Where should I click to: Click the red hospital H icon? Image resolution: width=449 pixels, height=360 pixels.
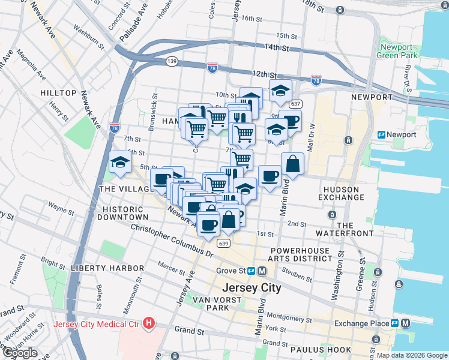[x=149, y=325]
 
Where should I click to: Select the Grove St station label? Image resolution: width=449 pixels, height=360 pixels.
[x=231, y=271]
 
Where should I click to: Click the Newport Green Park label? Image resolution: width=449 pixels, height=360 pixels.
[x=394, y=52]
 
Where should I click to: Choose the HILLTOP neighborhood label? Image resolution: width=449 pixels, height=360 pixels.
[x=58, y=93]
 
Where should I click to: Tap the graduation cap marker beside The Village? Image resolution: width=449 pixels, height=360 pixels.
[x=120, y=163]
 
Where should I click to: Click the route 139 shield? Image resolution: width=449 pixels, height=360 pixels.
[x=172, y=61]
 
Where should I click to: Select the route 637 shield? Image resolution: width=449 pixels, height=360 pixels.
[x=295, y=104]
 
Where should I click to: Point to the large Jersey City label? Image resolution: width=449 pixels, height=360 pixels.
[x=252, y=287]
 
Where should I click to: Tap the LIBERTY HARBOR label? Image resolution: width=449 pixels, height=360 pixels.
[x=107, y=268]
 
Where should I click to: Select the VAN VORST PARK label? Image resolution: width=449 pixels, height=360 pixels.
[x=210, y=303]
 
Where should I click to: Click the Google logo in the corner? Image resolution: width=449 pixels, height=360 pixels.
[x=19, y=353]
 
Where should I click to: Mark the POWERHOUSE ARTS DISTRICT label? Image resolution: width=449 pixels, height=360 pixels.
[x=301, y=254]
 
